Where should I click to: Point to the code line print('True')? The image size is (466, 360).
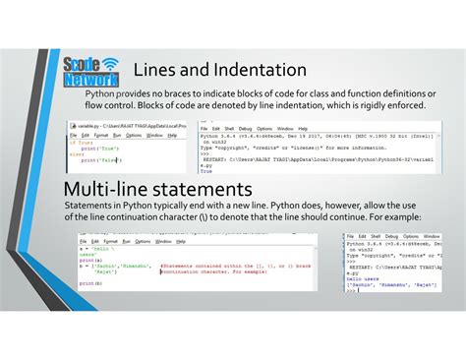coord(96,148)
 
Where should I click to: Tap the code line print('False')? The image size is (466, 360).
coord(99,159)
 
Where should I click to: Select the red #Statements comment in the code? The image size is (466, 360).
coord(236,265)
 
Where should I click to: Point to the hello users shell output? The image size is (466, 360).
coord(364,279)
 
